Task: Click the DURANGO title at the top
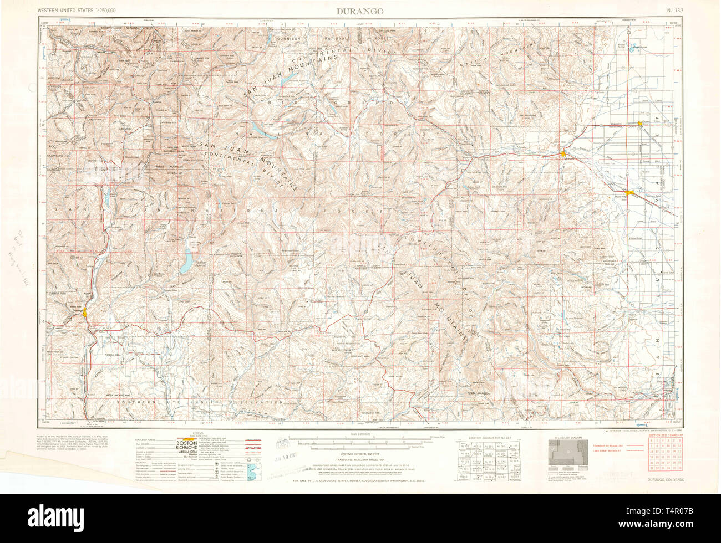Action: (359, 11)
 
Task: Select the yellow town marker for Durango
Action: (85, 313)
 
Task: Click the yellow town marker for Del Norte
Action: (563, 153)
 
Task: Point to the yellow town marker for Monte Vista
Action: (628, 192)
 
